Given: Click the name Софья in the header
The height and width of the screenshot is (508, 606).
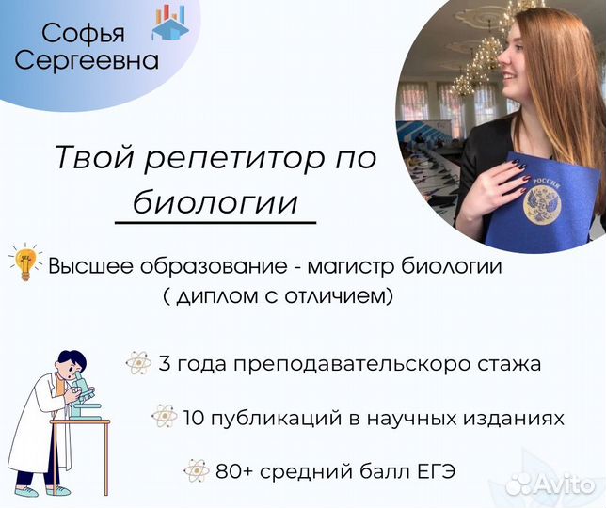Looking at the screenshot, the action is (x=83, y=34).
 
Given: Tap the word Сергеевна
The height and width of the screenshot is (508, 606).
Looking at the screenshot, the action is (x=87, y=61).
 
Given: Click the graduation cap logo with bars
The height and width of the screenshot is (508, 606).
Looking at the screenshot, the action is (x=170, y=22).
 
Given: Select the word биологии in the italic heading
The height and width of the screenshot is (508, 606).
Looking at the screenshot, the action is (x=215, y=201).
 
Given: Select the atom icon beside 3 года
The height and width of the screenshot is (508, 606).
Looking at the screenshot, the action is (x=138, y=363).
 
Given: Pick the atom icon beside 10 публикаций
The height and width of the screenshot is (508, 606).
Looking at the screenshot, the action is (x=165, y=416).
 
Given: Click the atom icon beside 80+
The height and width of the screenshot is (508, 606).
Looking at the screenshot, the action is (x=197, y=470).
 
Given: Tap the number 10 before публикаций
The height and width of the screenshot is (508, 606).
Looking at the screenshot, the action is (x=194, y=418).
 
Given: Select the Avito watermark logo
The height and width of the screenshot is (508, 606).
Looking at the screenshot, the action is (x=550, y=483).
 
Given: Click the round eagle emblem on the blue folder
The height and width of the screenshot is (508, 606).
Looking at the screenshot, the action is (x=542, y=204).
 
